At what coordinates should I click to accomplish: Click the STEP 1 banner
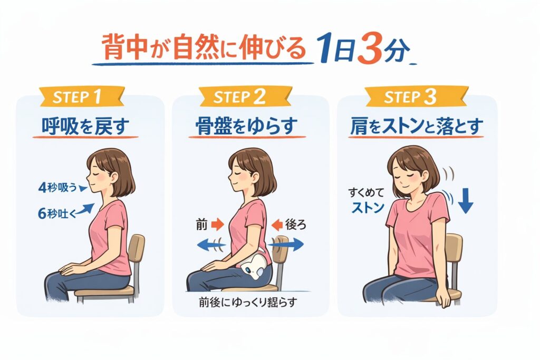[81, 96]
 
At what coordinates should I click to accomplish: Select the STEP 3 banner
[417, 96]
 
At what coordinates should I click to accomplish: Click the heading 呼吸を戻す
[85, 127]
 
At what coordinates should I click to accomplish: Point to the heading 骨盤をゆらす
[247, 127]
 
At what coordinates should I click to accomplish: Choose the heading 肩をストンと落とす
[417, 127]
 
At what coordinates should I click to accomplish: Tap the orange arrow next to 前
[217, 225]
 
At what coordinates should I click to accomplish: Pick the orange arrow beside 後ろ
[277, 225]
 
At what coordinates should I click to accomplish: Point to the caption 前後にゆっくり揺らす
[248, 303]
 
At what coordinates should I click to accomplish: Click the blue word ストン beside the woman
[368, 208]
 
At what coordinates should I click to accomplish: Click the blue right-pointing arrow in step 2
[286, 245]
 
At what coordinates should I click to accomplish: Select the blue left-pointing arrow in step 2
[211, 245]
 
